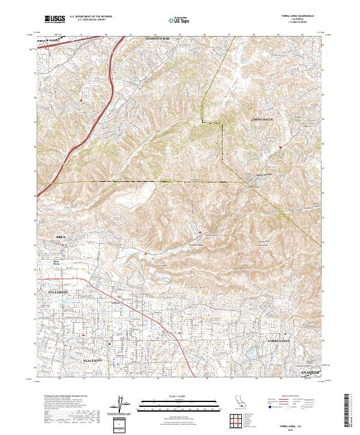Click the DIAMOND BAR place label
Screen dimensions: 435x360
pos(158,38)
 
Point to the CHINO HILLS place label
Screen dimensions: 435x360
pos(262,121)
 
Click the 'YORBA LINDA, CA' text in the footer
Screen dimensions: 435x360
pos(301,422)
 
